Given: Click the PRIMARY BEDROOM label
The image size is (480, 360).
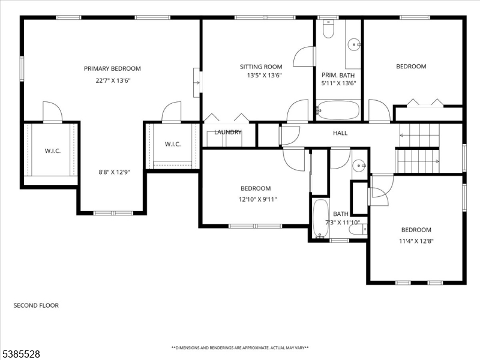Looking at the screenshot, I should (112, 68).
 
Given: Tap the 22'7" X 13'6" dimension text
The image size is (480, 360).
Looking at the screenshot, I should (112, 80).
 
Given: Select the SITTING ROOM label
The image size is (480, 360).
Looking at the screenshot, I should (261, 67).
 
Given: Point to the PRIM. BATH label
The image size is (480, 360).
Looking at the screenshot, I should (338, 75).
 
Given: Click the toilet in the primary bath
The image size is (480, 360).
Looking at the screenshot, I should (328, 29).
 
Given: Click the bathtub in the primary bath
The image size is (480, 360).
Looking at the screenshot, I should (338, 110).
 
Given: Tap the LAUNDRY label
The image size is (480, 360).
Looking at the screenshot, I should (228, 132).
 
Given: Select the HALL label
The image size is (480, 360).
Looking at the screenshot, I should (340, 133).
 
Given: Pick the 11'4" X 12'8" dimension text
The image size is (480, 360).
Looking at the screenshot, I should (416, 241).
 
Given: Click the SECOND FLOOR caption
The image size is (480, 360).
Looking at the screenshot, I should (36, 305).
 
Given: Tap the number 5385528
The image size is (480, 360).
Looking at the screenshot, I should (20, 354).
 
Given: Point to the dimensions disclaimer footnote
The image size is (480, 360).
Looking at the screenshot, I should (240, 347).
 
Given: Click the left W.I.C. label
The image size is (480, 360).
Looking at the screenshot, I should (52, 151).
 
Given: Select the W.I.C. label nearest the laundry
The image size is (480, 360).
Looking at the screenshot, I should (173, 144).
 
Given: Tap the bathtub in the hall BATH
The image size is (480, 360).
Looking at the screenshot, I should (320, 219).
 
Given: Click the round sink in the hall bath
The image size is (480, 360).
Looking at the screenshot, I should (359, 166).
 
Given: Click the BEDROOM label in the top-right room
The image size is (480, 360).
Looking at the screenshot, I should (411, 67).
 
